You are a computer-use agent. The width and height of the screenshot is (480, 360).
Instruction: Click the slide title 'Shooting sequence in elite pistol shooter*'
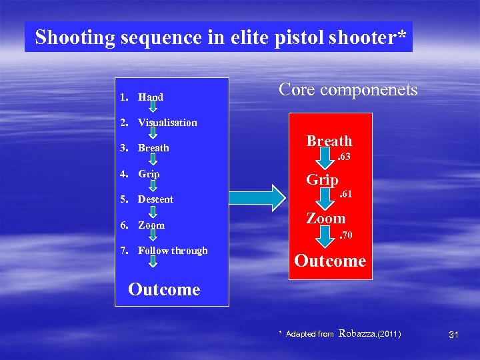pos(219,37)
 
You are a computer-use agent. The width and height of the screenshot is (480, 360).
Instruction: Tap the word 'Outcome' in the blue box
pos(164,289)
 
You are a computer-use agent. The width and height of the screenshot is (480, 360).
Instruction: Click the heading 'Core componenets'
pos(348,89)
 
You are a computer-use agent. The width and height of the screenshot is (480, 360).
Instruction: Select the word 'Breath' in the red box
pos(329,141)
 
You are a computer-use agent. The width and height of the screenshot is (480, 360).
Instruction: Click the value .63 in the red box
pos(343,157)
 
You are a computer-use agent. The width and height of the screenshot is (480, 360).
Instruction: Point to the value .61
pos(345,195)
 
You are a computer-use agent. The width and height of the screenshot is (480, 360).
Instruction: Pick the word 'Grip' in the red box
pos(322,179)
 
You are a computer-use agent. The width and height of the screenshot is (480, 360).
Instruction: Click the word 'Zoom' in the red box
pos(325,218)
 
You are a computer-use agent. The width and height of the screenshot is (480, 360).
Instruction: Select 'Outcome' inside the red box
pos(330,261)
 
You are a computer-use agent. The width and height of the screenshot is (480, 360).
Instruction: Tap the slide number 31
pos(453,334)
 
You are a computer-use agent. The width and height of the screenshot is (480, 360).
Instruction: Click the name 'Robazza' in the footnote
pos(357,333)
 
